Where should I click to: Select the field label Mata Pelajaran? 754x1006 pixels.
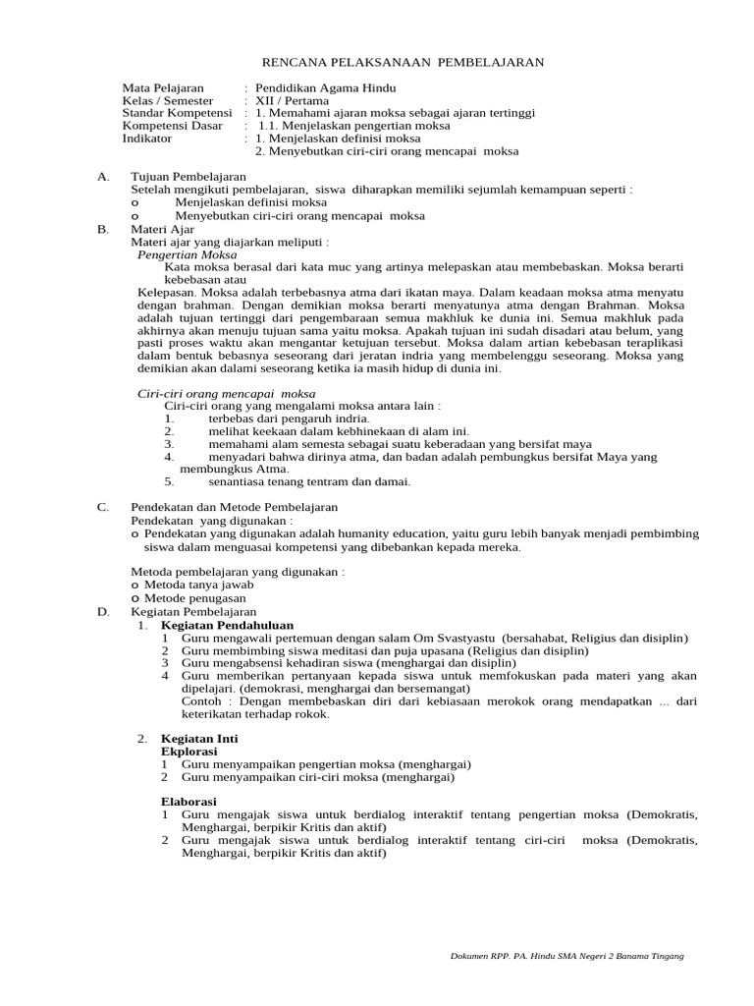click(x=163, y=88)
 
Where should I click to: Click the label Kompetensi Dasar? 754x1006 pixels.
click(x=173, y=126)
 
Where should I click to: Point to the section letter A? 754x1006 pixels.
click(x=102, y=177)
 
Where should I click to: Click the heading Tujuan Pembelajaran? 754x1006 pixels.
click(x=188, y=177)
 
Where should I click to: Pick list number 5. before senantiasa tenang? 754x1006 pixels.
click(x=169, y=481)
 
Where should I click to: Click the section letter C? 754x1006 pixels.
click(x=102, y=507)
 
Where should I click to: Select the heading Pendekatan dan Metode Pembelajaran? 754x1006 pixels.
click(x=234, y=507)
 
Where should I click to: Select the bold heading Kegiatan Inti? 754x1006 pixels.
click(x=199, y=738)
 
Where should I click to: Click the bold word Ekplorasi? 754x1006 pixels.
click(x=188, y=751)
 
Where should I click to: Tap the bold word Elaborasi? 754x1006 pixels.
click(x=188, y=802)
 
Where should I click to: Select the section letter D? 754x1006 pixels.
click(x=102, y=611)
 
